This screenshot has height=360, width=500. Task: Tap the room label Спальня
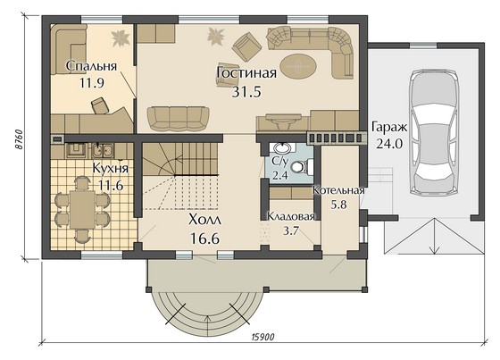point(91,66)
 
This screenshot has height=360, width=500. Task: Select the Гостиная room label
point(246,72)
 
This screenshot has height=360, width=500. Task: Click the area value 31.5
point(246,92)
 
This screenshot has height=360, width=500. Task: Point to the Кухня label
point(111,168)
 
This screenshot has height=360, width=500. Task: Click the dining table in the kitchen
point(82,209)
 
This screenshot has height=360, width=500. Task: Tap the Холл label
point(204,220)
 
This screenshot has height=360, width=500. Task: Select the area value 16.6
point(204,239)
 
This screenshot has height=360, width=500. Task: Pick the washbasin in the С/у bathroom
point(282,148)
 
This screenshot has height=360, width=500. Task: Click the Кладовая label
point(290,216)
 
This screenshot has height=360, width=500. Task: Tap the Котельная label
point(338,190)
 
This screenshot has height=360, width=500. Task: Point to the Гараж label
point(389,128)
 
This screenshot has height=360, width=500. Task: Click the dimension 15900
point(263,337)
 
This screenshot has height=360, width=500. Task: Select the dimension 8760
point(19,139)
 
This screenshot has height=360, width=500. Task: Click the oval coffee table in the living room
point(298,67)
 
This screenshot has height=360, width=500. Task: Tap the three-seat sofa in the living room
point(179,119)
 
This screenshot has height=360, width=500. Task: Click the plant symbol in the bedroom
point(121,38)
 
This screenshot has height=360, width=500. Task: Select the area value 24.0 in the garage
point(389,144)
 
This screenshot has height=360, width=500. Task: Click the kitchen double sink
point(102,151)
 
